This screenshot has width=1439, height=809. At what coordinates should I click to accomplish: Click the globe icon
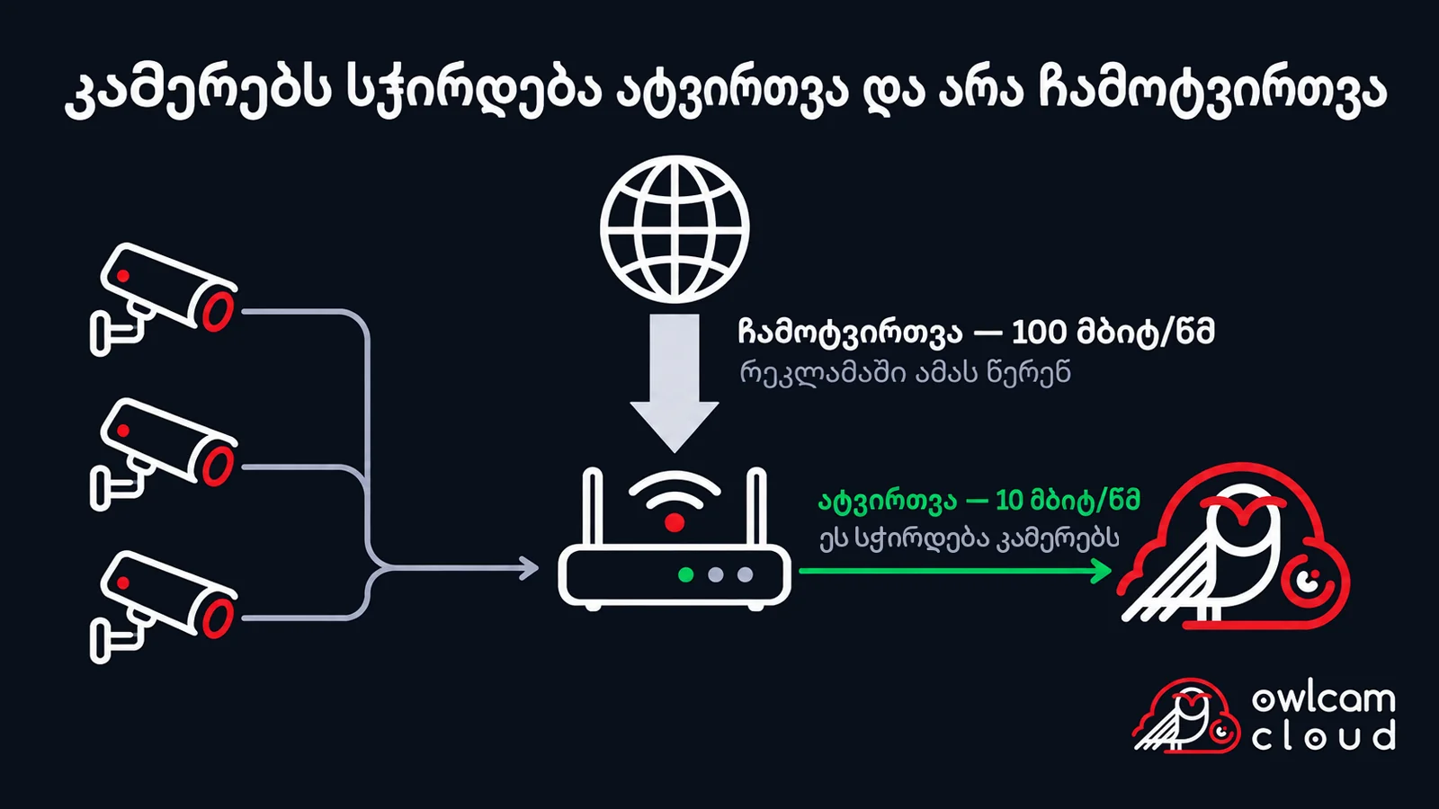pos(675,229)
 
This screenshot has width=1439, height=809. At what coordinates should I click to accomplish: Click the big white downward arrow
pos(675,383)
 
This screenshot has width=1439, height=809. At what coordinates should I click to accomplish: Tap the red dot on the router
pos(674,522)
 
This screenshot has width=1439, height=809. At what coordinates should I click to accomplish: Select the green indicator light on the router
pos(686,574)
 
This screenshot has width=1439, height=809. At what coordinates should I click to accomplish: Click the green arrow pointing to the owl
pos(955,571)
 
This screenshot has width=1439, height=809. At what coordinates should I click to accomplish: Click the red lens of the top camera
pos(219,311)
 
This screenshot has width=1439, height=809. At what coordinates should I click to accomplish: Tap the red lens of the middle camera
pos(219,466)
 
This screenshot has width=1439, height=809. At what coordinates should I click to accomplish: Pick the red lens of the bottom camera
pos(219,618)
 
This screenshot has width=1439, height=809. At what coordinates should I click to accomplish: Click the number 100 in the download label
pos(1038,333)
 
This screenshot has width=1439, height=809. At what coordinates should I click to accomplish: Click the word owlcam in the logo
pos(1323,699)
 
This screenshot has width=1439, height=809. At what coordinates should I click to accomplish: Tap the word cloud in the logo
pos(1323,735)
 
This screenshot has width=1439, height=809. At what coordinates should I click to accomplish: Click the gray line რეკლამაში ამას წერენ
pos(905,372)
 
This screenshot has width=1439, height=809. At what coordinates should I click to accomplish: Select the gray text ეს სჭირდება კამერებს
pos(970,538)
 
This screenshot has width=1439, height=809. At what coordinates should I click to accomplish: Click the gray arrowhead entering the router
pos(530,568)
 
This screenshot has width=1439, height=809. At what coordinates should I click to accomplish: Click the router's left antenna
pos(593,507)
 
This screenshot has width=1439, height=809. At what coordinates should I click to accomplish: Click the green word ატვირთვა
pos(887,501)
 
